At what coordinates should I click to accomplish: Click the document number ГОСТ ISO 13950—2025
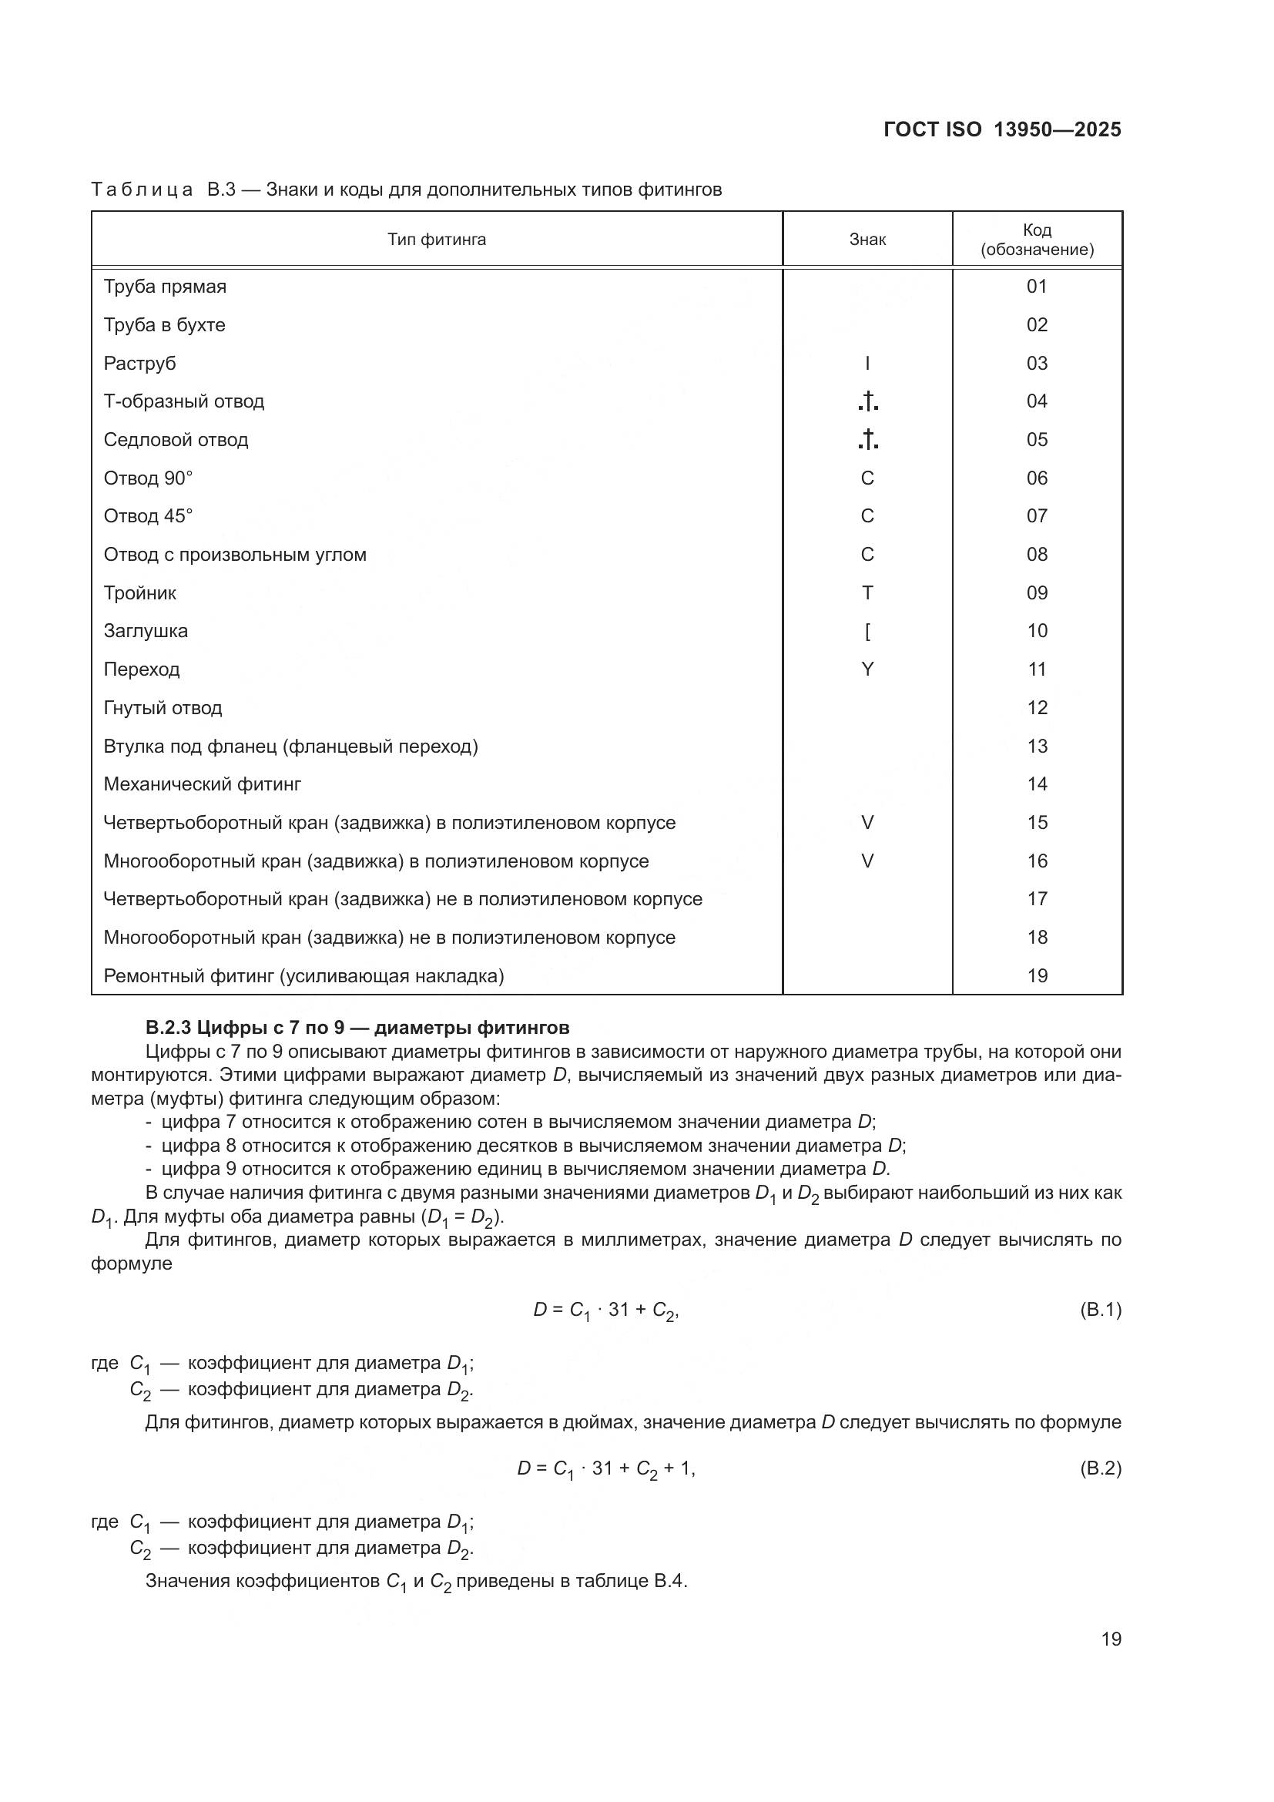pos(1002,129)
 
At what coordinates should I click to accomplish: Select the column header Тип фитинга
pos(436,240)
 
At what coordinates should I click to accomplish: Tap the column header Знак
pos(867,240)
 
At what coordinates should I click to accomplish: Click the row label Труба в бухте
pos(164,325)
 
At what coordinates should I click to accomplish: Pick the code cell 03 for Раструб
pos(1036,364)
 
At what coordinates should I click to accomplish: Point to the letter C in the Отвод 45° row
pos(867,515)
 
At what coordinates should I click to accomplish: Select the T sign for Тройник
pos(867,592)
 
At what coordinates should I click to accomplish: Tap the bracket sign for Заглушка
pos(867,631)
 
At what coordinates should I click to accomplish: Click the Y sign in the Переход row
pos(867,669)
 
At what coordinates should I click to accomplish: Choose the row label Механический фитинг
pos(203,784)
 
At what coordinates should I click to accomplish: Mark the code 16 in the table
pos(1036,861)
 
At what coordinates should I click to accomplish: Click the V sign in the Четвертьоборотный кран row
pos(867,823)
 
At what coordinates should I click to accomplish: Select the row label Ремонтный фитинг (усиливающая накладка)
pos(303,975)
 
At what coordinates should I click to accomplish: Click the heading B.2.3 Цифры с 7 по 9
pos(357,1028)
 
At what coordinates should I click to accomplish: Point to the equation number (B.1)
pos(1100,1309)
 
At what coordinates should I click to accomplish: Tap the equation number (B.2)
pos(1100,1468)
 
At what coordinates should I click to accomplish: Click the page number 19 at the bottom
pos(1111,1639)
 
